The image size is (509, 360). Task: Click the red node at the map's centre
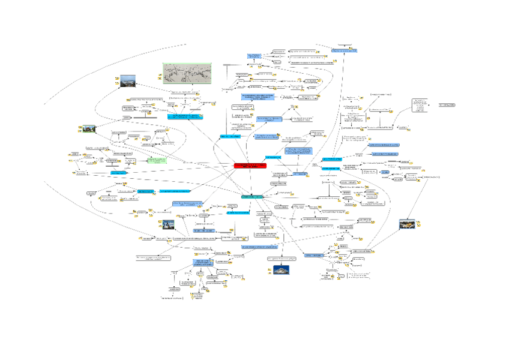point(248,165)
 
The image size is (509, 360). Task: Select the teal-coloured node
point(251,196)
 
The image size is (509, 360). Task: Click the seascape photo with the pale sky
point(128,80)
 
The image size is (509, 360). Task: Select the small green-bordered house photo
point(88,128)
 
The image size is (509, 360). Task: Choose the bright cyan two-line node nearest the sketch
point(185,115)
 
